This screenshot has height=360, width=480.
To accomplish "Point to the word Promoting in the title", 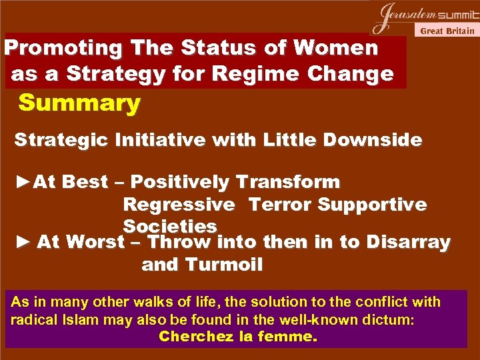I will (64, 48).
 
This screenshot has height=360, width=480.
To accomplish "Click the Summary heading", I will (79, 103).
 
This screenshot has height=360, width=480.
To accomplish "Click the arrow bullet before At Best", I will (23, 181).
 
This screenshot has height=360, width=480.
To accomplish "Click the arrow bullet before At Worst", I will (23, 242).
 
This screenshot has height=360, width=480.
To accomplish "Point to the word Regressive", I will (179, 204).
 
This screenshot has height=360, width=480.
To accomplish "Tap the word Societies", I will (170, 226).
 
